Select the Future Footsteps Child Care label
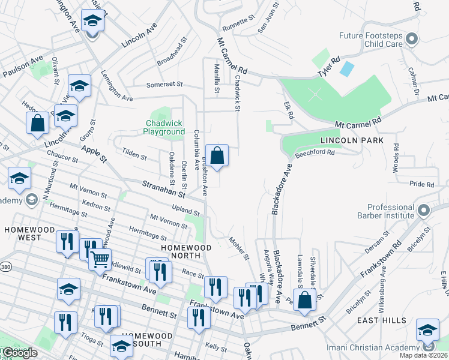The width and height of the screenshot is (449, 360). click(x=370, y=40)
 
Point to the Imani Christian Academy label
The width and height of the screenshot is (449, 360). click(x=381, y=347)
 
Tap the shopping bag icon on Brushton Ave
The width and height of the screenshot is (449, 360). click(x=217, y=155)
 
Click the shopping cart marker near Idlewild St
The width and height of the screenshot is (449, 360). click(x=100, y=260)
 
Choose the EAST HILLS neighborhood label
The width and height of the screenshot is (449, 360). click(x=383, y=321)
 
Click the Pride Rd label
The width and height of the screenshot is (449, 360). click(x=421, y=185)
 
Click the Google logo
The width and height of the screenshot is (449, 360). click(x=19, y=353)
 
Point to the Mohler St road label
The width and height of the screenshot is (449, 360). click(x=239, y=248)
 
